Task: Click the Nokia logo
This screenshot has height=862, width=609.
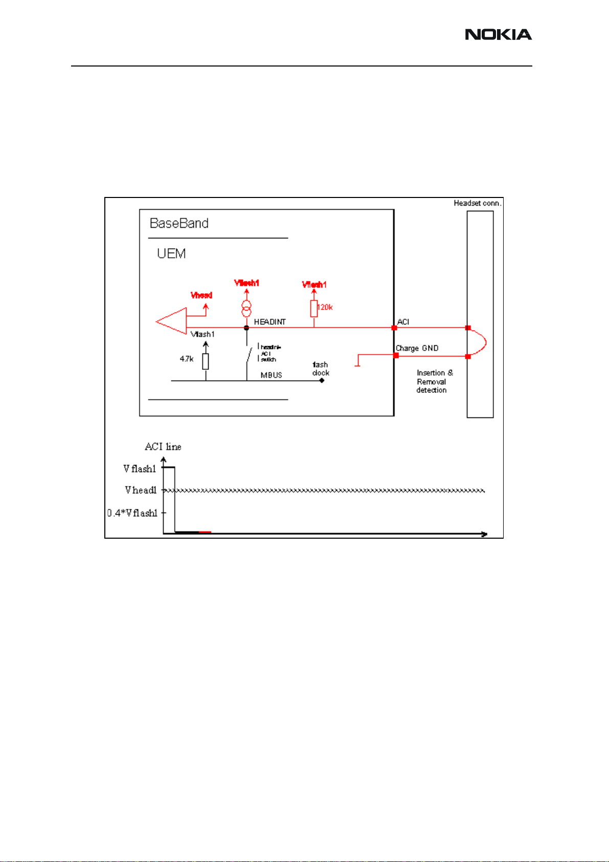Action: click(x=498, y=35)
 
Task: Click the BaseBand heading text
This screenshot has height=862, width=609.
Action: click(x=179, y=224)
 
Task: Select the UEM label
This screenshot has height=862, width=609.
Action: click(x=171, y=254)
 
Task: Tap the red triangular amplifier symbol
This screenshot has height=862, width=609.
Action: click(x=171, y=321)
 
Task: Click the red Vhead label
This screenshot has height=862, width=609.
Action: click(x=201, y=295)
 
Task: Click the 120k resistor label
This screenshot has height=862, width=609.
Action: click(x=325, y=307)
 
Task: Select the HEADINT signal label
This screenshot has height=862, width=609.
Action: click(x=270, y=322)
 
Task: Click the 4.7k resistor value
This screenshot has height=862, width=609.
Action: click(x=187, y=359)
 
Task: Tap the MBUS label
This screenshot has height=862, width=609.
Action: click(x=272, y=375)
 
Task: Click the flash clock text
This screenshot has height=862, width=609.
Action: click(x=321, y=369)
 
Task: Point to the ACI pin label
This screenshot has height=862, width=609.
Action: click(x=403, y=322)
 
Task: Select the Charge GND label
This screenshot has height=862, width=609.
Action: click(x=417, y=348)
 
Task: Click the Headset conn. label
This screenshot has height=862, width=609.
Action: click(x=478, y=203)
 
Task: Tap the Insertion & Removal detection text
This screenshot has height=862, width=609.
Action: click(x=434, y=382)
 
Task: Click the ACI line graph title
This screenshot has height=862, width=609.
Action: click(x=163, y=447)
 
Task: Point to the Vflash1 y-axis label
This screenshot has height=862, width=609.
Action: click(x=140, y=469)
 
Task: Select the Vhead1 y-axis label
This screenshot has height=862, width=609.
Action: click(x=141, y=490)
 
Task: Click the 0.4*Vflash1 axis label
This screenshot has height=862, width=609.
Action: click(x=132, y=513)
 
